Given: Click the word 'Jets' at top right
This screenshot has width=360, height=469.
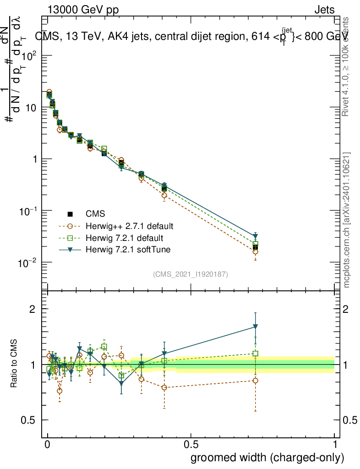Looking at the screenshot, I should pos(324,10).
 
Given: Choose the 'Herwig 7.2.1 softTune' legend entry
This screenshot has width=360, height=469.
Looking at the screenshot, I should pos(126,250).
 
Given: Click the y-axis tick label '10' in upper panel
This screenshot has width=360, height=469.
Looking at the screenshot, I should pos(30,108).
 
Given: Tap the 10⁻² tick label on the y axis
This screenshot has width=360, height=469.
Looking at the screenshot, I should pos(28,263).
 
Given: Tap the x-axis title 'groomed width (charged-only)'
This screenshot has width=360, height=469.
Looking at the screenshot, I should pos(267,458).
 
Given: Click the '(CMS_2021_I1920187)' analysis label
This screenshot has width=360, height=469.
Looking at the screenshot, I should pos(191,274).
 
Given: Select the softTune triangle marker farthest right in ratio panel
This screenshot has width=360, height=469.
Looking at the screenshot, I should pos(256,327).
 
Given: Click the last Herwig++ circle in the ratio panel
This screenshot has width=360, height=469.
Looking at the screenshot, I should pos(256,381).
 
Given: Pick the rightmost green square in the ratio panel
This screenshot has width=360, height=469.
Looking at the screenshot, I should pos(256,354).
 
